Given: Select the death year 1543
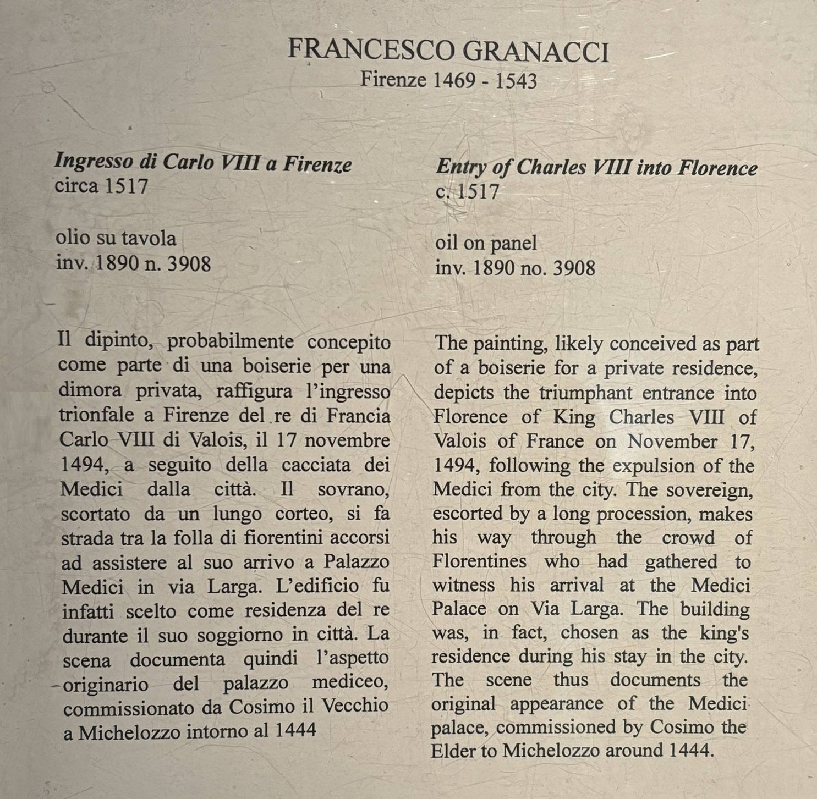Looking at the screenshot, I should (516, 81).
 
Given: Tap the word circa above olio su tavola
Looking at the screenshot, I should (76, 186).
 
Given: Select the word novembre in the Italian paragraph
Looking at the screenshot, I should (347, 440).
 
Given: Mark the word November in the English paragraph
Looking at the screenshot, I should (672, 441).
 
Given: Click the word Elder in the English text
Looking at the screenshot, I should (454, 750).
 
